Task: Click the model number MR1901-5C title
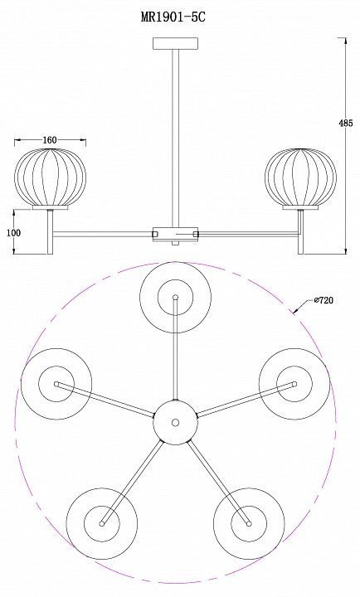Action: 173,17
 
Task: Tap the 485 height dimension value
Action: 346,123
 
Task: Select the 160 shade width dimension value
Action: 50,140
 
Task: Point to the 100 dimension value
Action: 14,233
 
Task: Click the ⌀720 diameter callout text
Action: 324,300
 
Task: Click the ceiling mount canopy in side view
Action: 175,43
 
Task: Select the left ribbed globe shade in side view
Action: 50,177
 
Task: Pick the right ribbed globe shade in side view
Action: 300,177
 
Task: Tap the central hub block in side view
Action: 175,234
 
